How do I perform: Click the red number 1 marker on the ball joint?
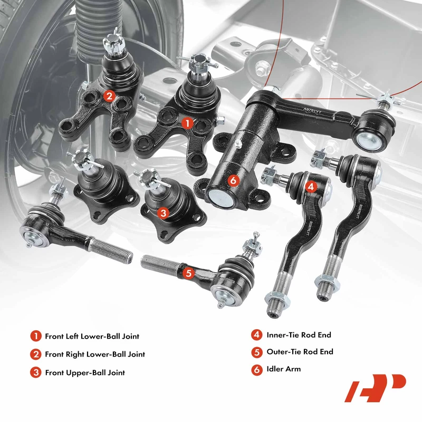point(187,123)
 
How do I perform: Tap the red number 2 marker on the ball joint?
point(109,96)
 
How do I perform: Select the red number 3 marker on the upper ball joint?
point(164,213)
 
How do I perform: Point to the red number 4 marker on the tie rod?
point(311,187)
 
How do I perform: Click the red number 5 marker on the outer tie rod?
point(188,273)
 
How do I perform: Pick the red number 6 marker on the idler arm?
point(233,180)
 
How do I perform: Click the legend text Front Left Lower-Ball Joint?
point(92,337)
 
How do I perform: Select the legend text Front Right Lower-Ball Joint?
point(95,354)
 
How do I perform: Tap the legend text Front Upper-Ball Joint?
point(85,373)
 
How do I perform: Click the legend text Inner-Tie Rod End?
point(299,335)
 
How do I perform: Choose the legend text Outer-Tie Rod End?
point(300,352)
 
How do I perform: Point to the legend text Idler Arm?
point(284,369)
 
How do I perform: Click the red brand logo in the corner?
point(375,388)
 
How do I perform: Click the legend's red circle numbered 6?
point(257,370)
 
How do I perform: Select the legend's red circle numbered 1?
point(36,336)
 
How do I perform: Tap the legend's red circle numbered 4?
point(257,335)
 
